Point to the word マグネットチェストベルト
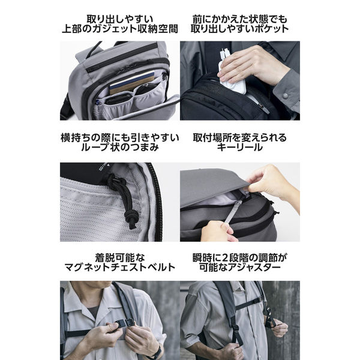pos(119,267)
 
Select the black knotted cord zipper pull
pos(128,201)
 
